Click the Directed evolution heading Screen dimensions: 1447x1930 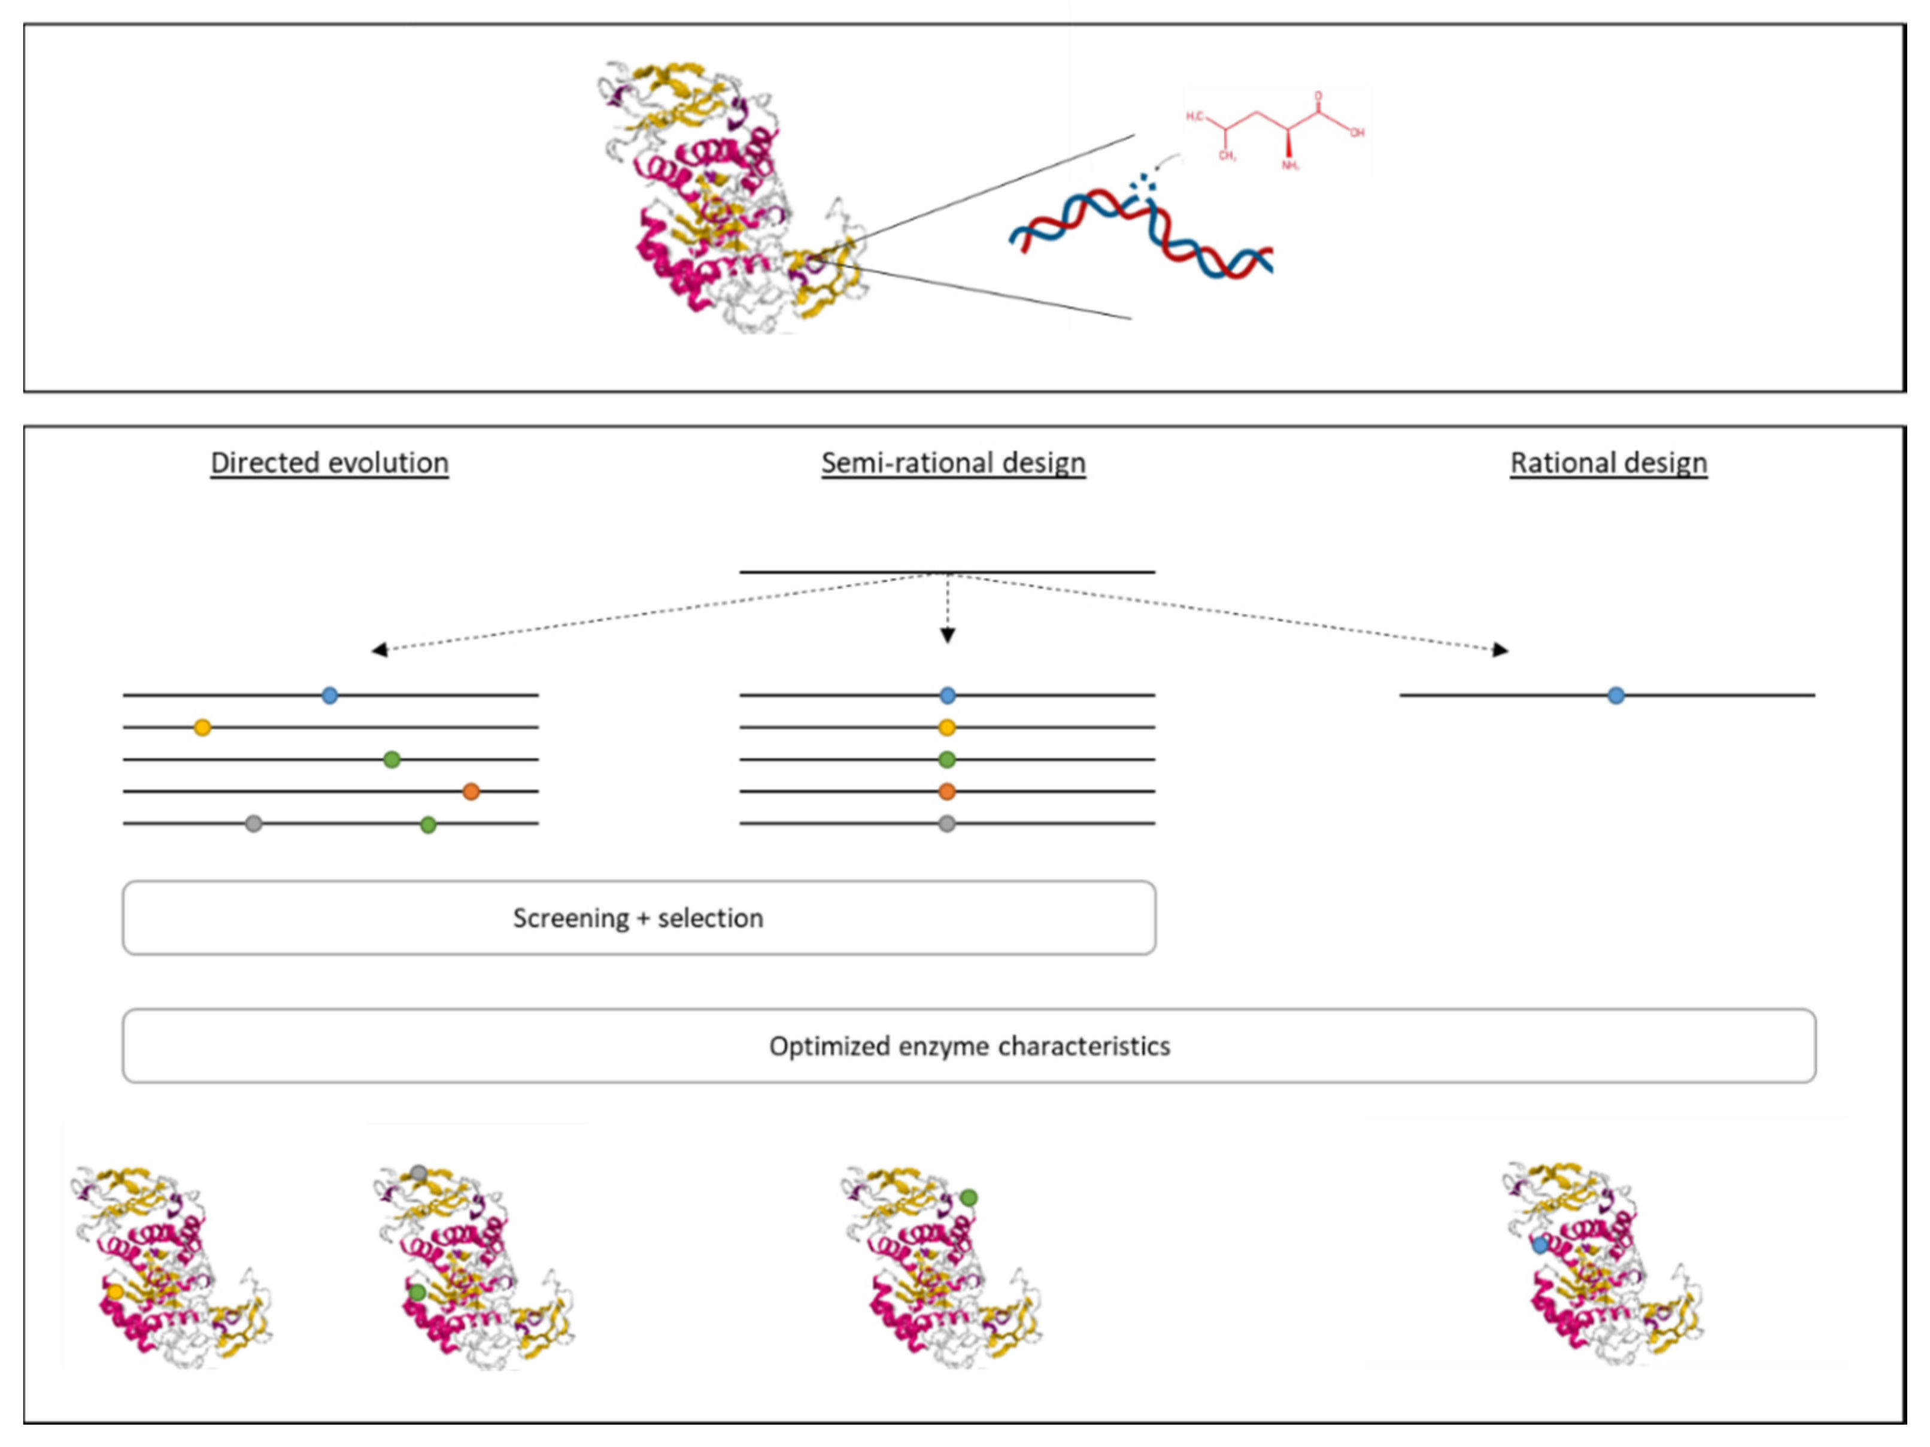(x=330, y=463)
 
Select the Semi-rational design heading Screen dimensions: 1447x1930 (x=953, y=463)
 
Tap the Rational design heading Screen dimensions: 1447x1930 (x=1608, y=463)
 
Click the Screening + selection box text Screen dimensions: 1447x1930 (x=638, y=918)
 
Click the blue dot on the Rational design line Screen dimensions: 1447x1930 (x=1616, y=696)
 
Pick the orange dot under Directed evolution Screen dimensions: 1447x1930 (x=471, y=791)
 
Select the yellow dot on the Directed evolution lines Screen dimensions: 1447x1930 (x=202, y=727)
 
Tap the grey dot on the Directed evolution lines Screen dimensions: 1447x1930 (x=253, y=823)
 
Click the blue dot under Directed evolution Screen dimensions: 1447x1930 (x=330, y=696)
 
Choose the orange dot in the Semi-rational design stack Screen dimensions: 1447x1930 (x=946, y=791)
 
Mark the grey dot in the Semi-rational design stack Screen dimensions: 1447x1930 (x=946, y=823)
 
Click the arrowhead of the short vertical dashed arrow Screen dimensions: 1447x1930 (x=948, y=636)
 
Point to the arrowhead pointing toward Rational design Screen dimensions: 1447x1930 (x=1501, y=650)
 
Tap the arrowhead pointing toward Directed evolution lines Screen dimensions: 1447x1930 (x=380, y=650)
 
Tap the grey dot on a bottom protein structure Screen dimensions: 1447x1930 (x=419, y=1174)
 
